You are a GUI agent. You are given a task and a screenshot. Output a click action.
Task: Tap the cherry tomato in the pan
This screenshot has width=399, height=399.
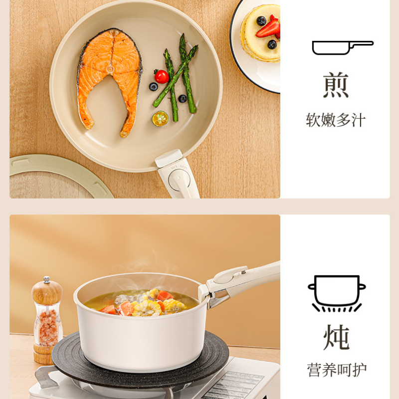(x=162, y=76)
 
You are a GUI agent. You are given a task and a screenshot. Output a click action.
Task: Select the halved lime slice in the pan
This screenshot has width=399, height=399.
(x=160, y=119)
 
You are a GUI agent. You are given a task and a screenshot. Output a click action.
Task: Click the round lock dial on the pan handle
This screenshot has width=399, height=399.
(x=179, y=179)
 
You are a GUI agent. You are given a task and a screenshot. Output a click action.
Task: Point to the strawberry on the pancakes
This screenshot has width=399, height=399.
(x=268, y=28)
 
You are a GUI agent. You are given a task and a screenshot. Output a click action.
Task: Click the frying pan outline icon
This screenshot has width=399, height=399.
(x=343, y=47)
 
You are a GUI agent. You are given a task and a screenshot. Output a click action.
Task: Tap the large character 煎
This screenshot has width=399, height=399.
(x=336, y=85)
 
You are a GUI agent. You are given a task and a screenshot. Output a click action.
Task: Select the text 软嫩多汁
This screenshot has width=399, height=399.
(x=336, y=120)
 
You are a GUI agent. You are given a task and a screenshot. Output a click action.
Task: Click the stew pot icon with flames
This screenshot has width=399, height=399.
(x=337, y=293)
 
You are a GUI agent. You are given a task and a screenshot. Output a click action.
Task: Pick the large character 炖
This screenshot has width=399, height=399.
(x=336, y=337)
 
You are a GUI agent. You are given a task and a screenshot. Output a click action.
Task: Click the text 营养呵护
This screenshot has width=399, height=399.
(x=337, y=370)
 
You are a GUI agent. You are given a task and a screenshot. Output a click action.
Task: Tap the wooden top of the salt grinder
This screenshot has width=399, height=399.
(x=47, y=292)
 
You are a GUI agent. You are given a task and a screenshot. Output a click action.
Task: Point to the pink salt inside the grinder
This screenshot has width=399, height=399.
(x=48, y=328)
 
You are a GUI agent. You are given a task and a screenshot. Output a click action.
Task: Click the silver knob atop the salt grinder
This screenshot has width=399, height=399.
(x=46, y=280)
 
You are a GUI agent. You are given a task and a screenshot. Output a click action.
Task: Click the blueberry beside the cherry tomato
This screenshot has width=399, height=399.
(x=154, y=86)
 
